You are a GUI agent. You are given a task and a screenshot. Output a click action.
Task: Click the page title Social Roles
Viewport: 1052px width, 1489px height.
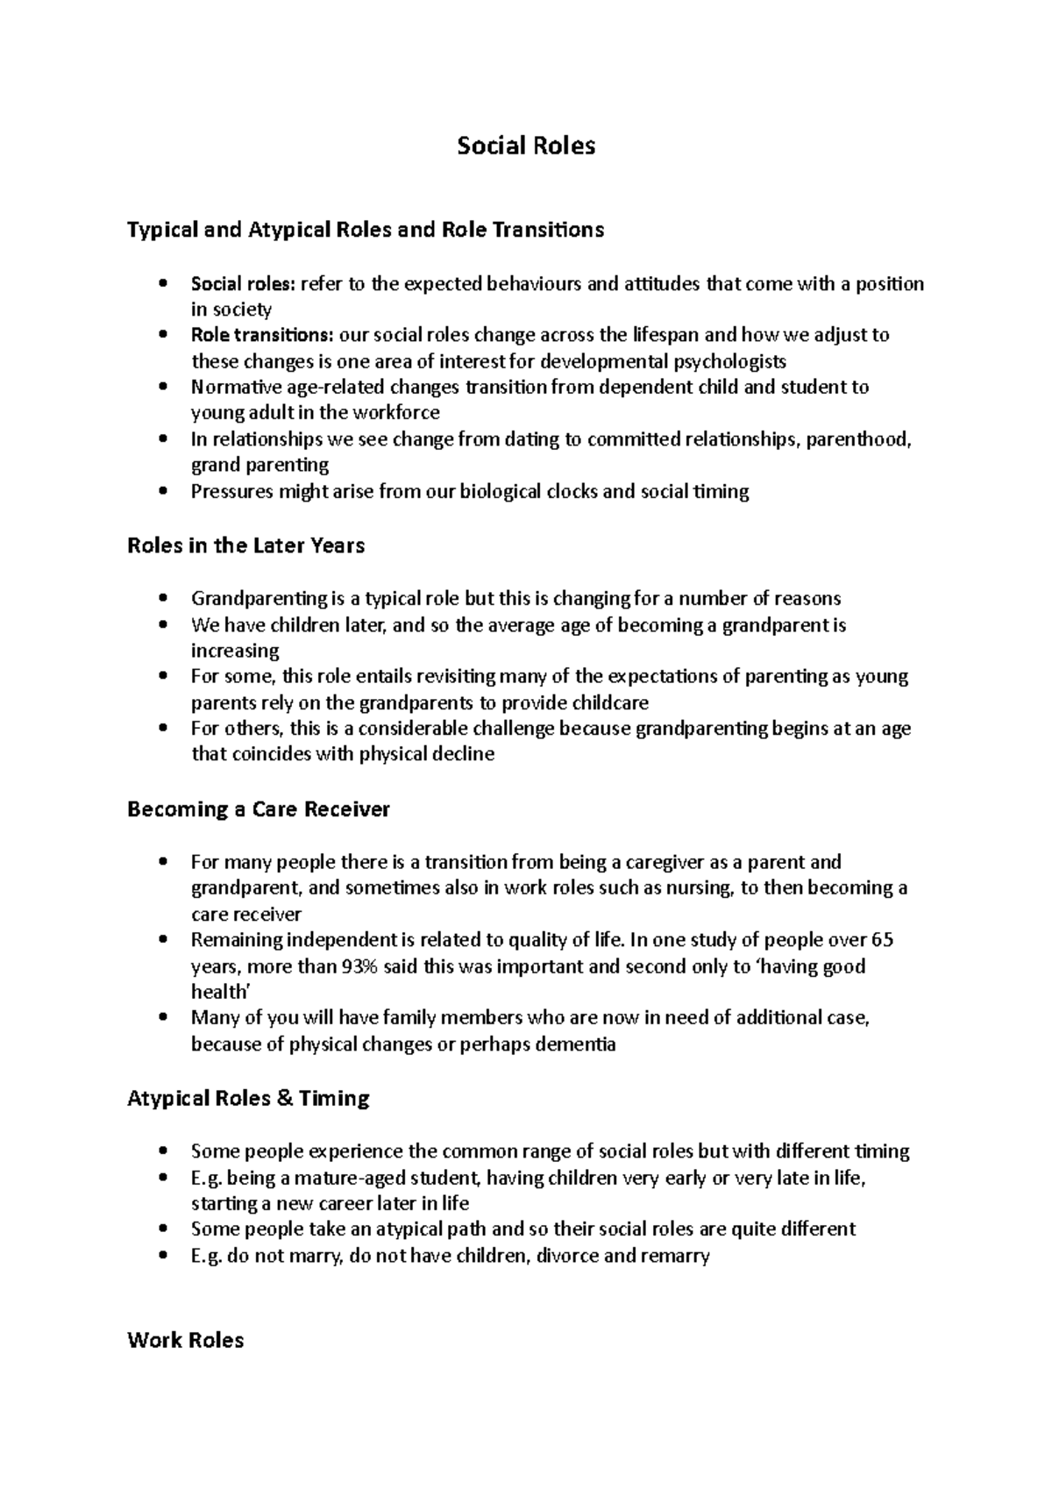(x=526, y=146)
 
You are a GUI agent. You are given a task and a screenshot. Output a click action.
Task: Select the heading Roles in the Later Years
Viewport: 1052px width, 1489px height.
(x=245, y=545)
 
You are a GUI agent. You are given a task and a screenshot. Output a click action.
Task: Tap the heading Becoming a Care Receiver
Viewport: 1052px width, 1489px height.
(x=259, y=809)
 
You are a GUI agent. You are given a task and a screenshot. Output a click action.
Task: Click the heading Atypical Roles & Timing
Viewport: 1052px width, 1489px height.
(x=248, y=1098)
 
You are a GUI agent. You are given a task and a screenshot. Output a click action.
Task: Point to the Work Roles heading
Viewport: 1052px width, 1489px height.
(x=185, y=1340)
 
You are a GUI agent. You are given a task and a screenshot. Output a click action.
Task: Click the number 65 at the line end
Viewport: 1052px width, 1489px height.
(x=881, y=940)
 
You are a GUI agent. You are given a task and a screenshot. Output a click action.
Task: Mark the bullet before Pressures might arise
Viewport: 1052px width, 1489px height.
(x=163, y=492)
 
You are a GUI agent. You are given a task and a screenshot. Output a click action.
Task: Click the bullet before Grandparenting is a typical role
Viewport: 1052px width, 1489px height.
(x=163, y=599)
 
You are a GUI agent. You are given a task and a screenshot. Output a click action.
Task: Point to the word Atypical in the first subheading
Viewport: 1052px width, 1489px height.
(x=288, y=230)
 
